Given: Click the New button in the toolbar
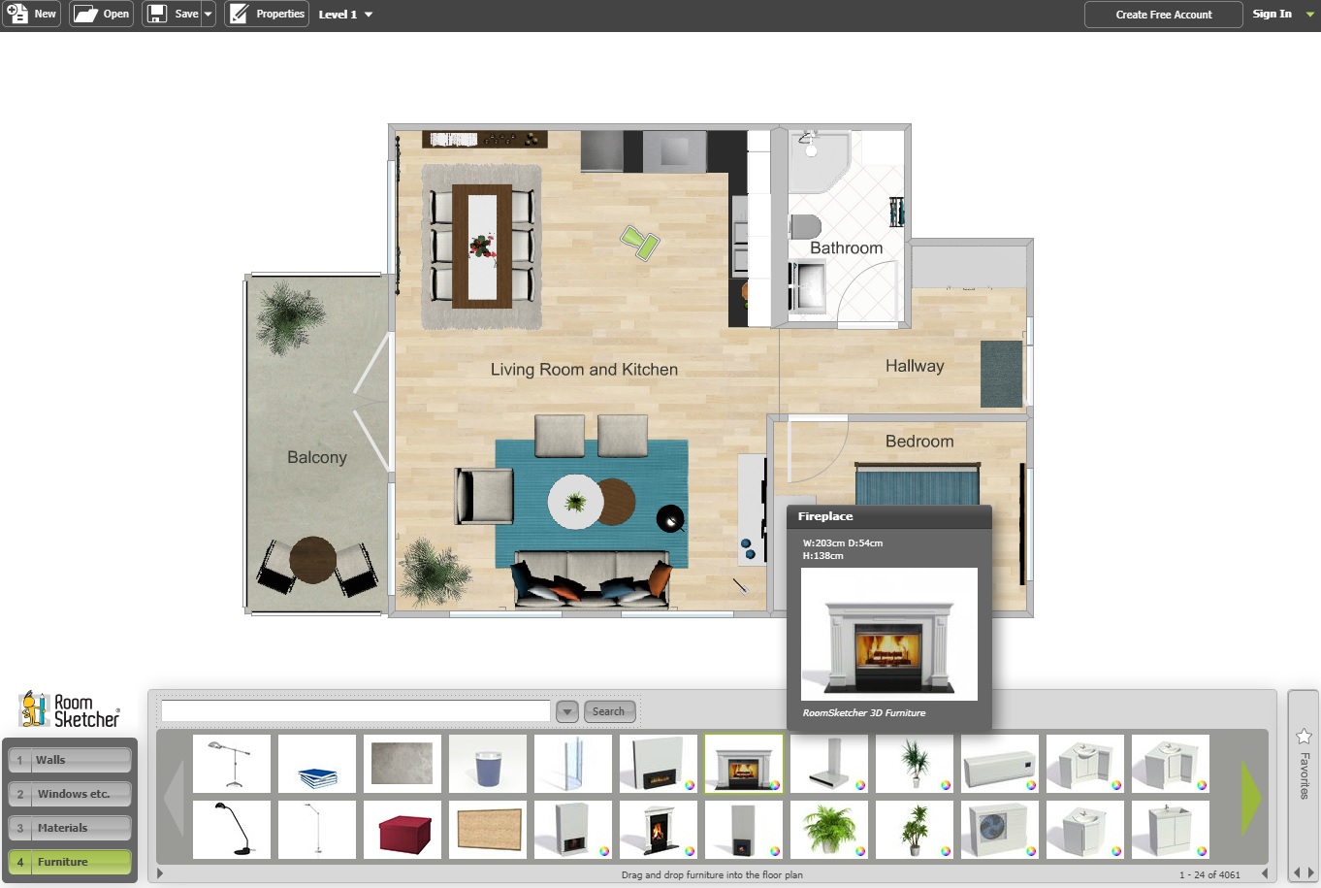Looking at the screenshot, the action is coord(32,14).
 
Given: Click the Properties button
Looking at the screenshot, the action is coord(267,14).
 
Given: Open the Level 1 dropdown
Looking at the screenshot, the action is coord(345,15).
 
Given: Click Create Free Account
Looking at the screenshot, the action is coord(1163,15).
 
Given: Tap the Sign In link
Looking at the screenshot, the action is coord(1273,14).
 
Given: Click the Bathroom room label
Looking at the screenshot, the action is coord(847,247).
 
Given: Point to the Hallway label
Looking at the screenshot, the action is coord(915,366).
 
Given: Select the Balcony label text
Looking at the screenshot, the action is coord(317,457).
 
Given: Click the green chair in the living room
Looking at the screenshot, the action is coord(640,243).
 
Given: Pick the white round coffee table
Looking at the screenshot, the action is coord(574,502).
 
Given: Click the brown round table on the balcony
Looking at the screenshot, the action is coord(312,559).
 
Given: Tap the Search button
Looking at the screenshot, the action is coord(608,711).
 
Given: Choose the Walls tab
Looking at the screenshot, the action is coord(70,760).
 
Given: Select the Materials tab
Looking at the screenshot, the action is coord(70,828).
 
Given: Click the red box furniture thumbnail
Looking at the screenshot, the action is coord(403,831).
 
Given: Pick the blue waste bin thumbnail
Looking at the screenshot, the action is coord(488,764).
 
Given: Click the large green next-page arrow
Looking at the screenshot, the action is coord(1250,798).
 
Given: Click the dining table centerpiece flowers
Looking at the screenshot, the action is coord(482,247).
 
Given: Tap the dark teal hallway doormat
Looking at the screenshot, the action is coord(1001,374).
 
